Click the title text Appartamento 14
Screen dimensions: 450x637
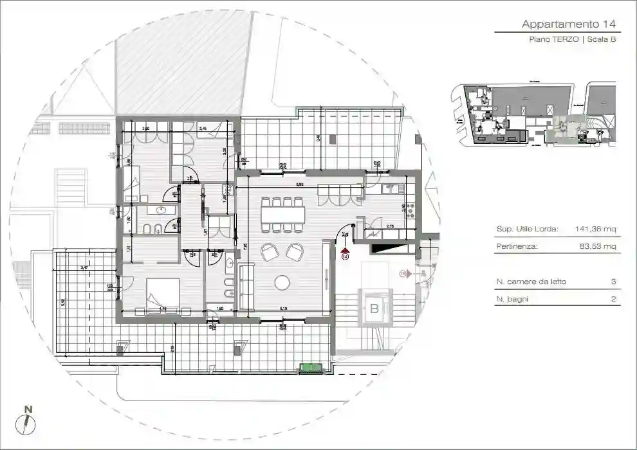[569, 24]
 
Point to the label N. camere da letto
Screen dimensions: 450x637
[531, 282]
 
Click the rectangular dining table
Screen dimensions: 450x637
[282, 214]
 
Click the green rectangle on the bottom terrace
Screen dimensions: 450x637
[311, 368]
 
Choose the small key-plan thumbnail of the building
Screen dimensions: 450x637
[534, 114]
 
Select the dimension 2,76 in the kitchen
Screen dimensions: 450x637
[389, 226]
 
